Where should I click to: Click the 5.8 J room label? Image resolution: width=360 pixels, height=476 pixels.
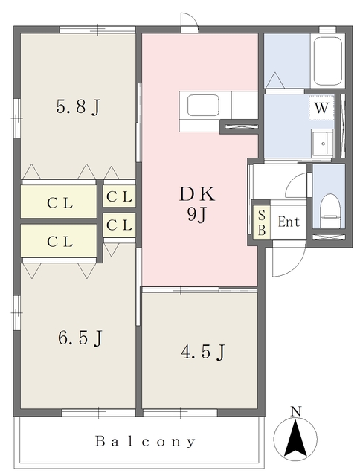coord(78,106)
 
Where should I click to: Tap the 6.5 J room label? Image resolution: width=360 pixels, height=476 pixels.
coord(80,338)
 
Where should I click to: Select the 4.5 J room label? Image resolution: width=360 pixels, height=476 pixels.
coord(203,352)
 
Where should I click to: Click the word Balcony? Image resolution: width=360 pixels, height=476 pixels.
coord(145,441)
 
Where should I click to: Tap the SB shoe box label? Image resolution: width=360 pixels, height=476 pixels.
coord(262,222)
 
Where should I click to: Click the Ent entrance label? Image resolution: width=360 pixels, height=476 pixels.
coord(289,222)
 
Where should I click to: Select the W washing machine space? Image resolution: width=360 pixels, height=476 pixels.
coord(321,107)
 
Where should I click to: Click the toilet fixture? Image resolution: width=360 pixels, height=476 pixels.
coord(329,211)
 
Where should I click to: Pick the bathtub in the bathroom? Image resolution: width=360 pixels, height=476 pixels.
coord(328,62)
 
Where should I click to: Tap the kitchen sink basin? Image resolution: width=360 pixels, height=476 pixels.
coord(203,105)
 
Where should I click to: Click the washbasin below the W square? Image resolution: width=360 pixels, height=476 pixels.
coord(322,144)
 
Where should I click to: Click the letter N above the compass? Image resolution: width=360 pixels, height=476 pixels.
coord(295,411)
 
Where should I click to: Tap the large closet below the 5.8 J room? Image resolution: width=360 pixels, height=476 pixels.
coord(59,202)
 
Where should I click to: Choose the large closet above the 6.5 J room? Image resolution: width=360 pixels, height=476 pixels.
coord(59,241)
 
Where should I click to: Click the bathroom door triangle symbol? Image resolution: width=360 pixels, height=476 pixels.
coord(275,80)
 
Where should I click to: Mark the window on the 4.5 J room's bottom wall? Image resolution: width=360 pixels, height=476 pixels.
coord(180,413)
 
